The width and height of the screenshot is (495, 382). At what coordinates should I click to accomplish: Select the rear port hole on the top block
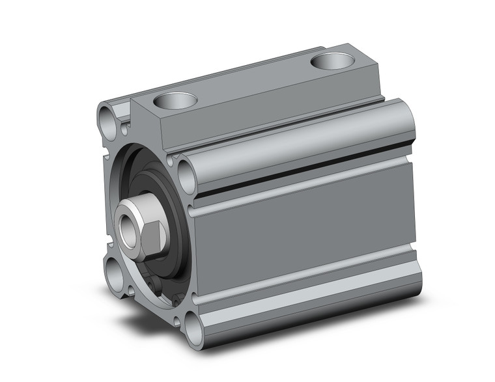(x=332, y=61)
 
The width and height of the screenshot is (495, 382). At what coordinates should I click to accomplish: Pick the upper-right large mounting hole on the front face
(x=186, y=176)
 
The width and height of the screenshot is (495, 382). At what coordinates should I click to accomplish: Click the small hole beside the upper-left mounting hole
(x=124, y=129)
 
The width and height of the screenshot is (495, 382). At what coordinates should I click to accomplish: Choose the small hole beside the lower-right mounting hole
(x=180, y=300)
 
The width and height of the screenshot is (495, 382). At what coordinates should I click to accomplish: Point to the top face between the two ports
(x=254, y=81)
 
